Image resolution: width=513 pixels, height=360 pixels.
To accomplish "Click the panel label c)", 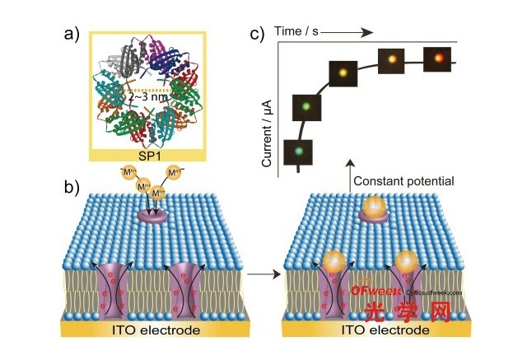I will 259,35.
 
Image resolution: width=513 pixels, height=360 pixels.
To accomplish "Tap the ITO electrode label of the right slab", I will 386,330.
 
